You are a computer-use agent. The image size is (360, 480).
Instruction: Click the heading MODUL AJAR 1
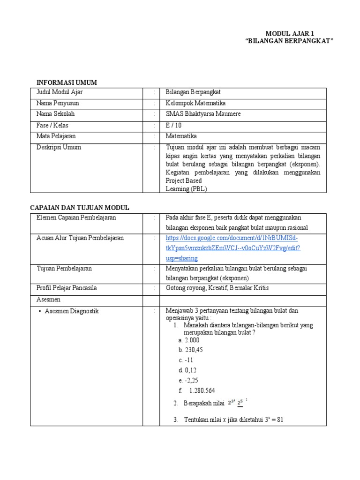(290, 33)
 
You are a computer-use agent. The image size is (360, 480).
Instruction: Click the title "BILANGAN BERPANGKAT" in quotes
(290, 41)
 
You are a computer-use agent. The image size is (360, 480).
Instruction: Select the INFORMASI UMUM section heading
(67, 82)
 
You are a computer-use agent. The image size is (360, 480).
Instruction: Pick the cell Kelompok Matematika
(192, 103)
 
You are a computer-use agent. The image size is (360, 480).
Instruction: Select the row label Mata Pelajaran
(56, 136)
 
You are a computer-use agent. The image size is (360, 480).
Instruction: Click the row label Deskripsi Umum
(59, 147)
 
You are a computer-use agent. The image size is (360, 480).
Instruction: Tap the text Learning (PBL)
(186, 188)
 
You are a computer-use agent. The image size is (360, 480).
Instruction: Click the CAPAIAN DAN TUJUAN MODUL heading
(80, 208)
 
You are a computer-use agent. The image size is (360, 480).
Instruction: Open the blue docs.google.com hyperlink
(233, 248)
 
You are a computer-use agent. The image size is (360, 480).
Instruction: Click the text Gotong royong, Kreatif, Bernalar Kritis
(217, 287)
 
